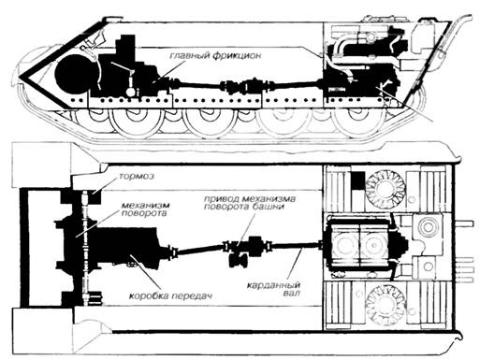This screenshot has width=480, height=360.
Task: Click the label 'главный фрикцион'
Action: pyautogui.click(x=215, y=56)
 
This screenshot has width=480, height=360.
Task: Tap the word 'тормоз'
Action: pyautogui.click(x=136, y=176)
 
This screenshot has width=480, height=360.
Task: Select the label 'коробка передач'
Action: pyautogui.click(x=170, y=295)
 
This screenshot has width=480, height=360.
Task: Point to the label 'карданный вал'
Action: pyautogui.click(x=274, y=289)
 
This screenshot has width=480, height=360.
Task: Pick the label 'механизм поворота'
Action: pyautogui.click(x=145, y=209)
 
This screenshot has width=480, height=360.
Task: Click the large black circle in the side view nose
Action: pyautogui.click(x=72, y=75)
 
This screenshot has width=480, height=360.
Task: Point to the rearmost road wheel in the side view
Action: pyautogui.click(x=355, y=120)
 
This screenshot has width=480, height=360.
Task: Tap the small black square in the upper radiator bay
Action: pyautogui.click(x=357, y=180)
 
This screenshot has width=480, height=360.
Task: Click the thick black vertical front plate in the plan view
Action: pyautogui.click(x=24, y=248)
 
